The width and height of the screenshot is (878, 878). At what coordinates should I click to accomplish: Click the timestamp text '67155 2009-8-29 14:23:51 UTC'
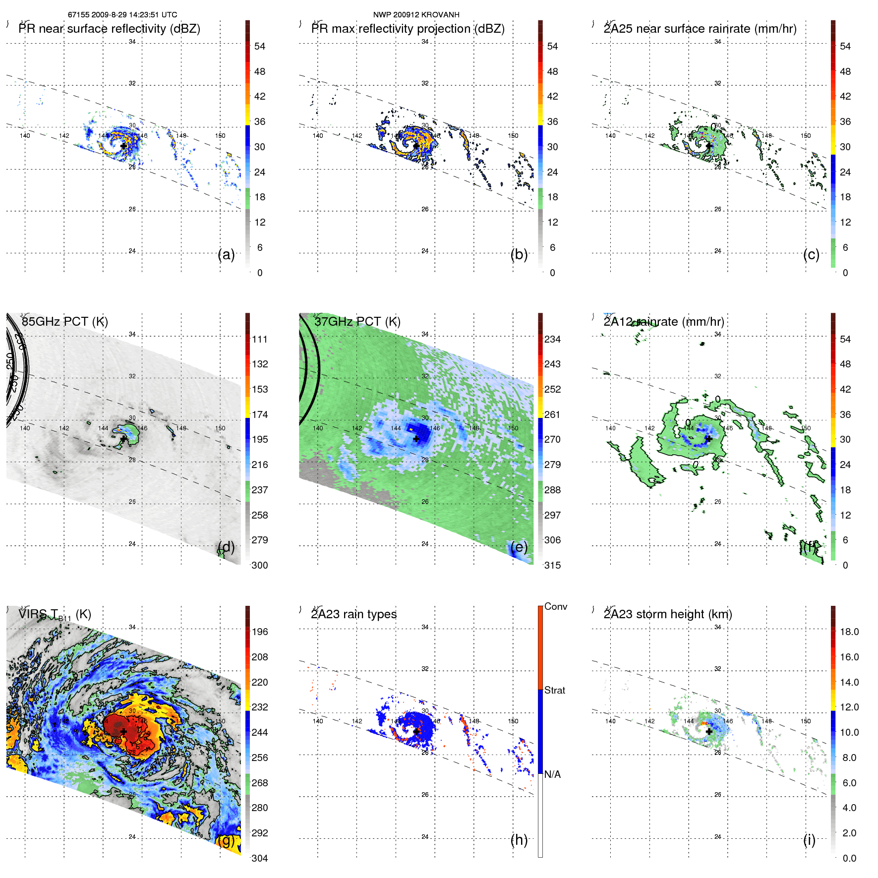[122, 15]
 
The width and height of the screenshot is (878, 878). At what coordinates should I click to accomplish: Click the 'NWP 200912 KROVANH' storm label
[416, 15]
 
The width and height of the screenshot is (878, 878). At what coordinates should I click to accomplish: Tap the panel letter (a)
[226, 254]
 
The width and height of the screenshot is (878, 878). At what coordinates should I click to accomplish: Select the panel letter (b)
[519, 254]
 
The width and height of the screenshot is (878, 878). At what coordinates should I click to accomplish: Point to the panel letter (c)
[811, 254]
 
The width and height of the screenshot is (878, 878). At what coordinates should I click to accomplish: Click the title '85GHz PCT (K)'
[65, 321]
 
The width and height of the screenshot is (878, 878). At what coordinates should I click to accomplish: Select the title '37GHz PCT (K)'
[357, 321]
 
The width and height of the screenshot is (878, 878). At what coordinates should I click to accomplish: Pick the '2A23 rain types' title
[354, 614]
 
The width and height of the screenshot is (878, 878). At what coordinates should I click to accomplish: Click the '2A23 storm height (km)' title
[668, 614]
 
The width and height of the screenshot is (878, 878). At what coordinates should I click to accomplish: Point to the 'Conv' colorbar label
[556, 606]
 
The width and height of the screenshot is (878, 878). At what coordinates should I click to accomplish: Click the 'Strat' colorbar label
[555, 690]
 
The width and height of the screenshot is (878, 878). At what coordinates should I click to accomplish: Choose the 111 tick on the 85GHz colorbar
[260, 339]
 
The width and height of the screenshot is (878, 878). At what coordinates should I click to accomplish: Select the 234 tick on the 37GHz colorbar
[552, 339]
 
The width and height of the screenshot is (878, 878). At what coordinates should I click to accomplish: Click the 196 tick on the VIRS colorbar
[260, 632]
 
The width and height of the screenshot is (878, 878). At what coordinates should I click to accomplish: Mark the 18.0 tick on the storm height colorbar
[849, 632]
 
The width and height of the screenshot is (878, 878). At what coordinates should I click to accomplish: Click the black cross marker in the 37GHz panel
[416, 439]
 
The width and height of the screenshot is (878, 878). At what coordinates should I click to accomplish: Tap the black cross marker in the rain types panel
[416, 731]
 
